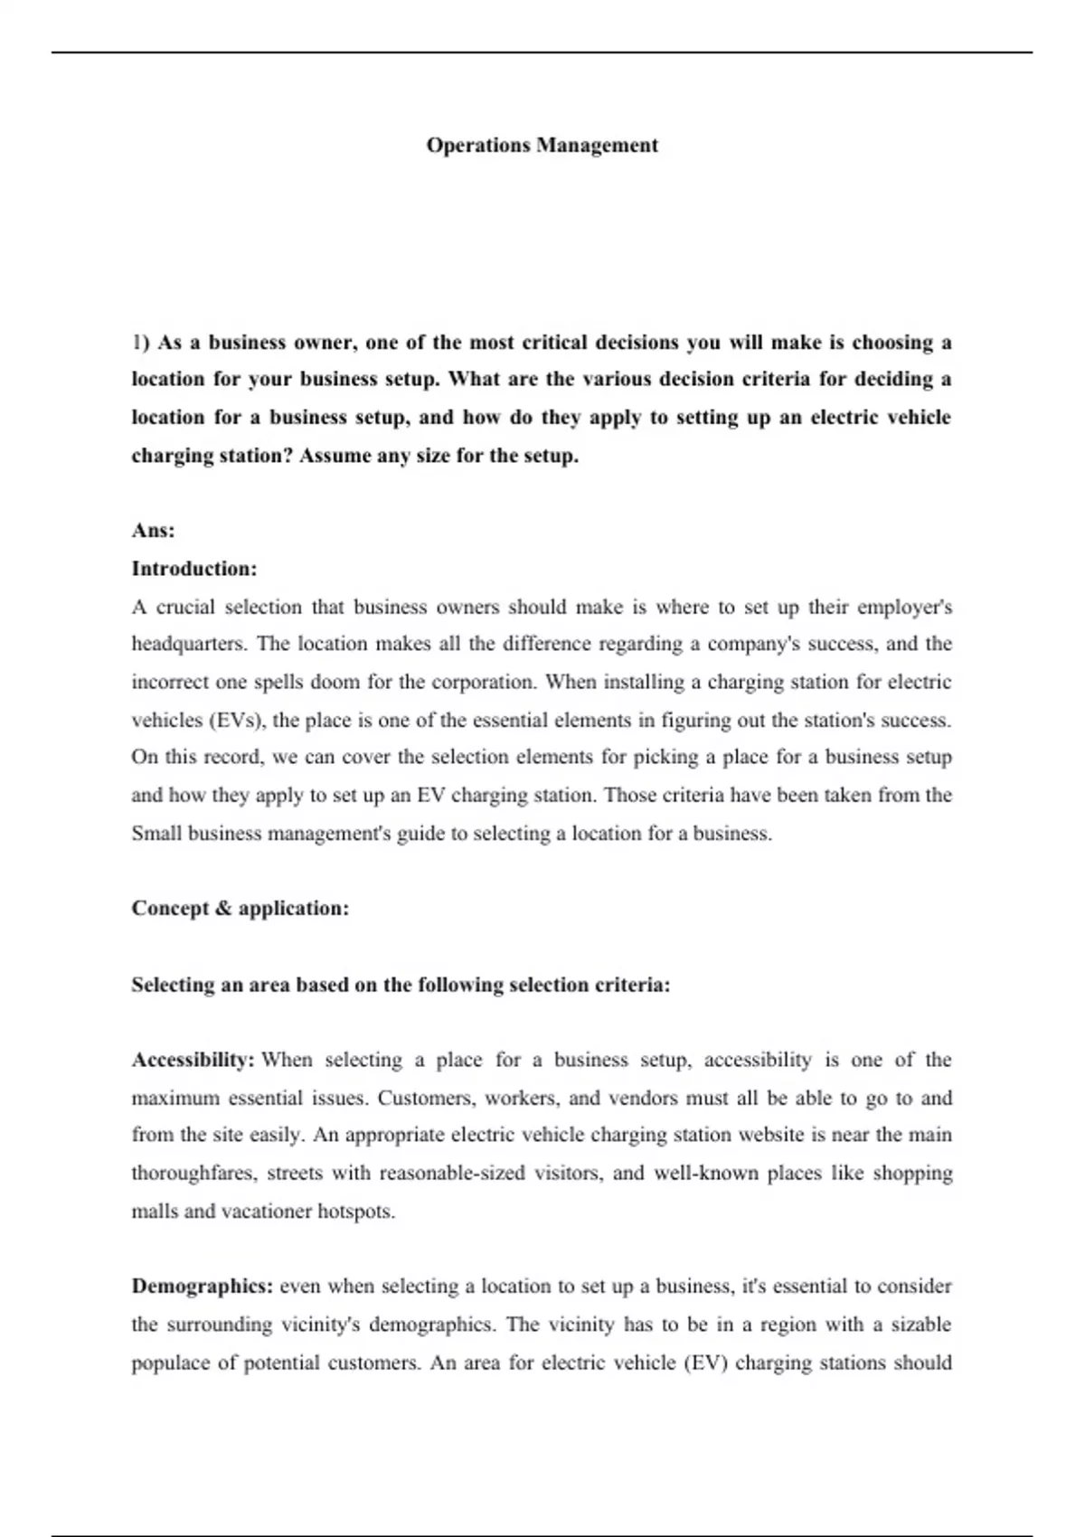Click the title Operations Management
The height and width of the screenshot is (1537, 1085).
(x=542, y=146)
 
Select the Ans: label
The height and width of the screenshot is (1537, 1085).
(x=153, y=531)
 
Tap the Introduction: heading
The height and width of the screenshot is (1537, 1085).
(x=194, y=569)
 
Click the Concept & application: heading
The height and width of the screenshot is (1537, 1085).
(x=240, y=909)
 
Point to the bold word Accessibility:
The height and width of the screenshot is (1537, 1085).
(x=193, y=1060)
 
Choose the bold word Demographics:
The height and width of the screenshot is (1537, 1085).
(x=202, y=1286)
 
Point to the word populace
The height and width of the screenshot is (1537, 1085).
(x=168, y=1363)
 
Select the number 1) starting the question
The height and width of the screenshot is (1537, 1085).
(x=139, y=343)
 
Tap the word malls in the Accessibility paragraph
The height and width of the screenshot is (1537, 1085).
(x=154, y=1212)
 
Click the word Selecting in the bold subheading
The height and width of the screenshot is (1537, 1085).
(x=171, y=985)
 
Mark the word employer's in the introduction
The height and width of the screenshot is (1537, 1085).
(x=904, y=607)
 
